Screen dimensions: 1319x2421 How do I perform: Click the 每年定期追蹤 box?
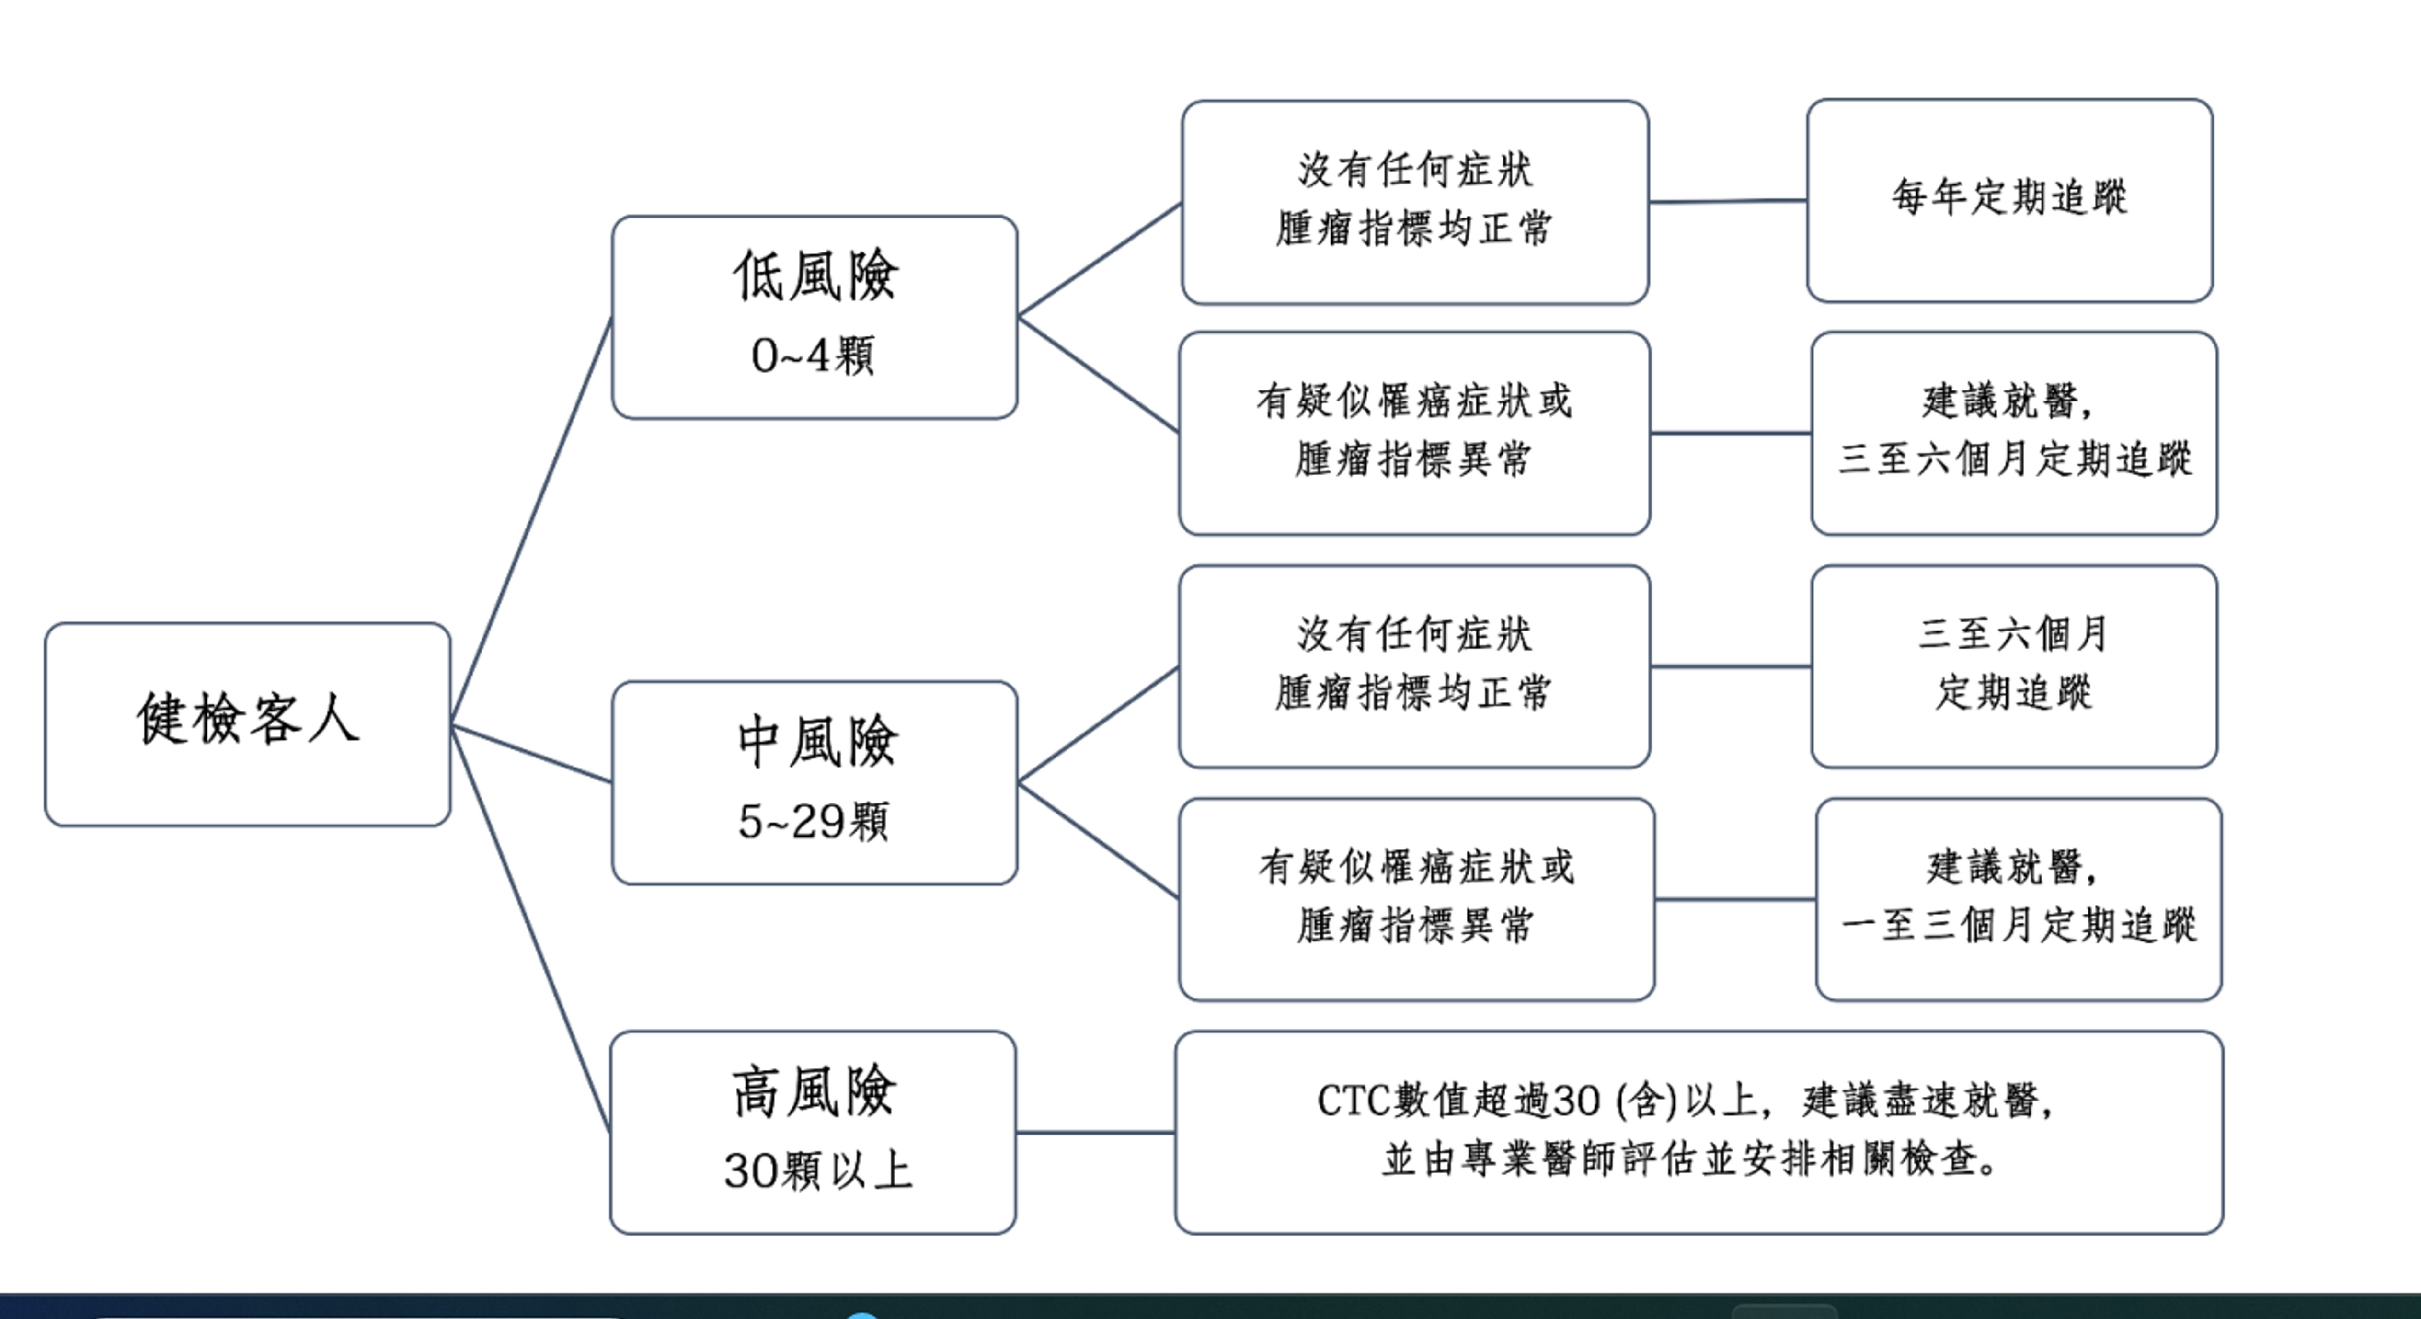[x=2009, y=200]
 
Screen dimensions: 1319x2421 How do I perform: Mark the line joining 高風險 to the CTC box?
[x=1095, y=1132]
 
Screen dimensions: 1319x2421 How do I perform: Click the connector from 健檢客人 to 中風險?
[x=531, y=753]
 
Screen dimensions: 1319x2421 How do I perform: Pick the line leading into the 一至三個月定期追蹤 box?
[x=1735, y=900]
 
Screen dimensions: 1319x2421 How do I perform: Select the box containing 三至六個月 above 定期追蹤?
[x=2014, y=665]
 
